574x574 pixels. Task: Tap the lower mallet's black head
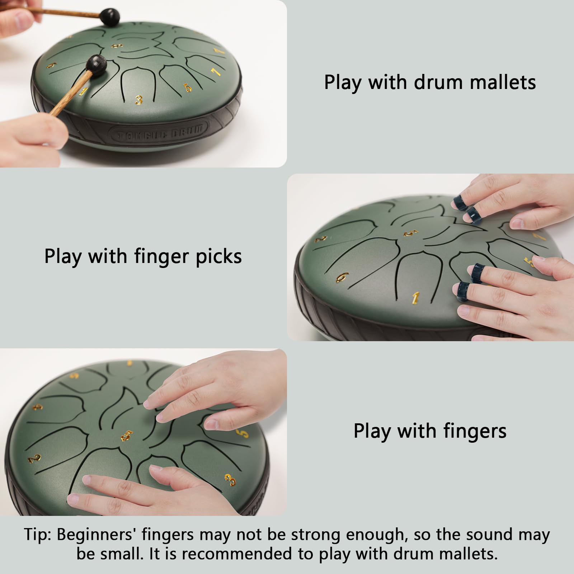(x=95, y=65)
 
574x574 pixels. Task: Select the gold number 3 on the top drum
(x=138, y=100)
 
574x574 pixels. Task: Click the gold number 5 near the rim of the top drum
(x=188, y=87)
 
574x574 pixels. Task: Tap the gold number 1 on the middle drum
(x=415, y=297)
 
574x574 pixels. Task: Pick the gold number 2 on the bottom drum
(x=34, y=458)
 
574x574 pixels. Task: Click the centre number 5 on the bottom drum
(x=127, y=436)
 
